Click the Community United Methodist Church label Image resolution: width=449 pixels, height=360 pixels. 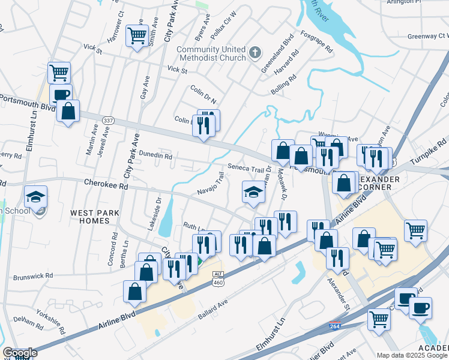coord(211,53)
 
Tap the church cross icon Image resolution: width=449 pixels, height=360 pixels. coord(255,52)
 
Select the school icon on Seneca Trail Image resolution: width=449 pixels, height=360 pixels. coord(253,193)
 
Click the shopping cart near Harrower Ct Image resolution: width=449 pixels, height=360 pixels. coord(137,36)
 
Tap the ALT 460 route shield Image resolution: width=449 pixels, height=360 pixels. coord(217,277)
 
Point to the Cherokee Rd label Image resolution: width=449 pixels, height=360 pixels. coord(106,183)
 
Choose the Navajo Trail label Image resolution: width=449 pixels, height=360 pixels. coord(211,184)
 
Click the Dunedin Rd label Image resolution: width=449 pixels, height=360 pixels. coord(155,155)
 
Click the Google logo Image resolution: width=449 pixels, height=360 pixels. coord(20,353)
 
